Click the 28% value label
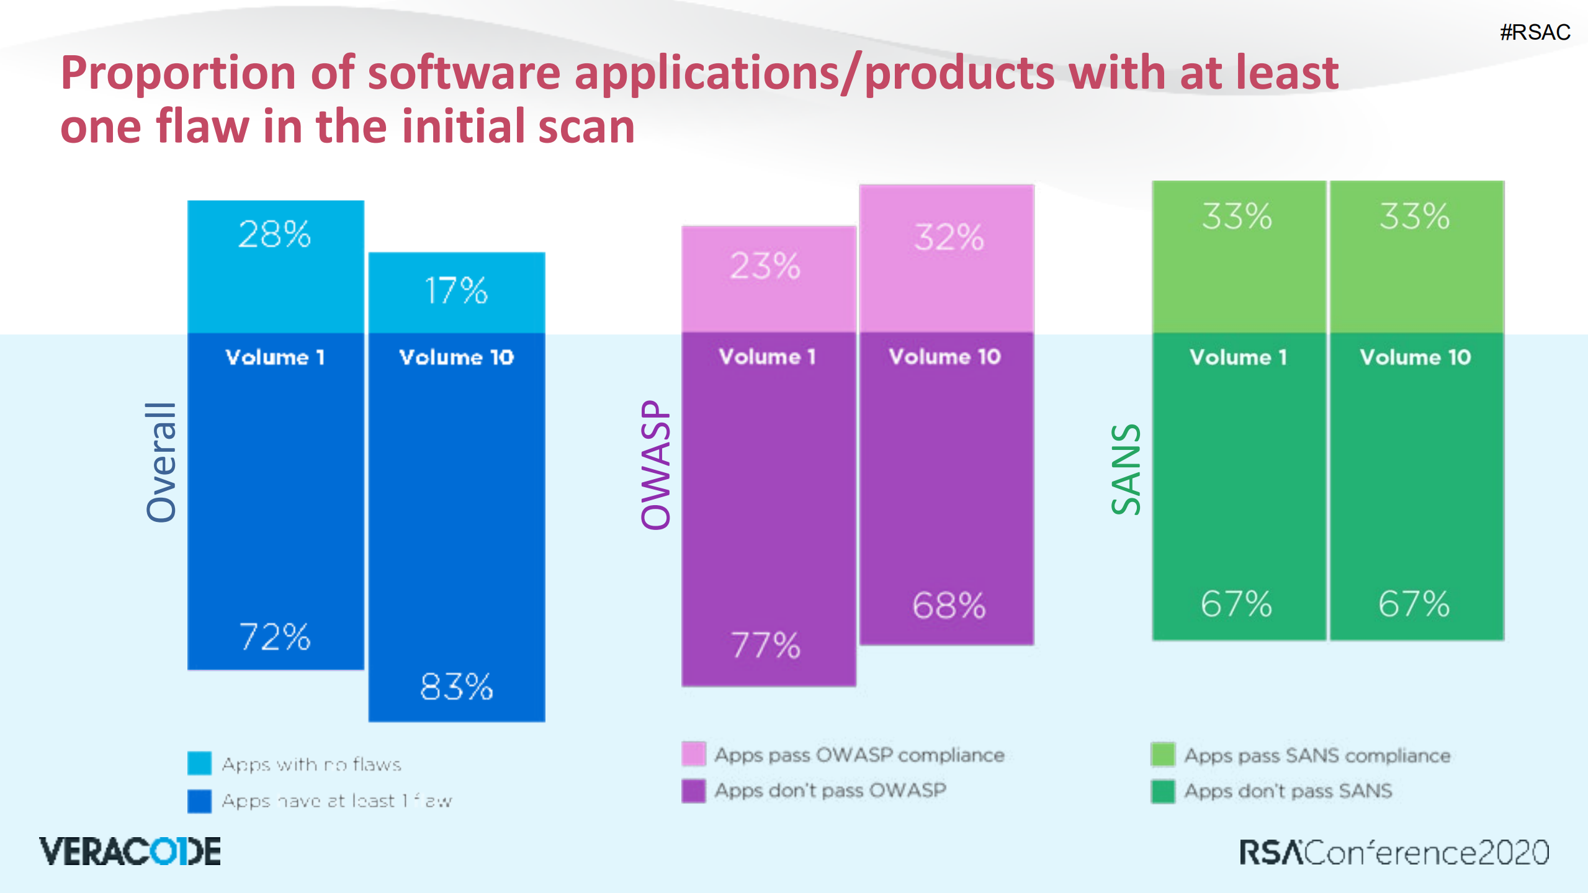274,235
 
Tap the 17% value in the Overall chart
456,290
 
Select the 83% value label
456,687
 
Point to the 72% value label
274,637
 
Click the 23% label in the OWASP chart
765,266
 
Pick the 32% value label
949,238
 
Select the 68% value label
949,606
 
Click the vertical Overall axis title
161,462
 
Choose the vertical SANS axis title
1126,469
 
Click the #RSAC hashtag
1535,32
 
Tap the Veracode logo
130,851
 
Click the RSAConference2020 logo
1394,853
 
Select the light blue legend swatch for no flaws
199,763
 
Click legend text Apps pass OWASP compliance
859,755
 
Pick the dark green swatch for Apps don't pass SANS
1162,791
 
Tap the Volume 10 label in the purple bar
944,357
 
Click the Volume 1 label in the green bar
1238,357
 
